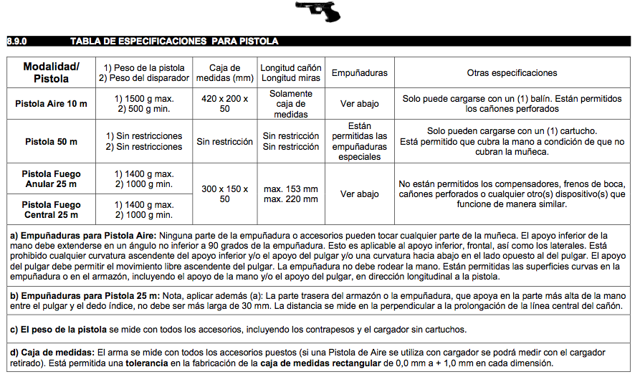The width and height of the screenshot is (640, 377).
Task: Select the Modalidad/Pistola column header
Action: tap(52, 72)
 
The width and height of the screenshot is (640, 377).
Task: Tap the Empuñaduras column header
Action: tap(359, 72)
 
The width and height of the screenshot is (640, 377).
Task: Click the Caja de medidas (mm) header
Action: tap(224, 72)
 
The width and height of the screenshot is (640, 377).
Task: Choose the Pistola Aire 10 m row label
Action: tap(52, 104)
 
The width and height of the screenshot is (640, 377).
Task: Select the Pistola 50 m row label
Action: tap(52, 141)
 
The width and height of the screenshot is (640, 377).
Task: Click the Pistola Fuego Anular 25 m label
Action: tap(52, 179)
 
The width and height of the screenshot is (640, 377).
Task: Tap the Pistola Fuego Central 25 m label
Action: tap(52, 209)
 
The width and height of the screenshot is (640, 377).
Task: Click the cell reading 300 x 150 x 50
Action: tap(224, 194)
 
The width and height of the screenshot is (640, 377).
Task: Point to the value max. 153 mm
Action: tap(290, 188)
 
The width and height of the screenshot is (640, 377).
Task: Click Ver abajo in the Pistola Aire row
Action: tap(359, 104)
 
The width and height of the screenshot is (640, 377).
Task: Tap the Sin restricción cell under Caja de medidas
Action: tap(224, 141)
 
